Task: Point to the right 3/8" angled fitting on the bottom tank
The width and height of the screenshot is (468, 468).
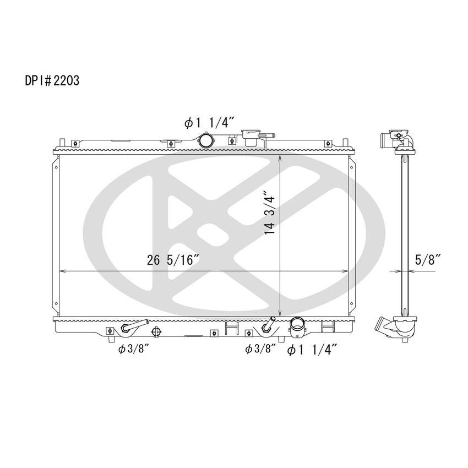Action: point(269,325)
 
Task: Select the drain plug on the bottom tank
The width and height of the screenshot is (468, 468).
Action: point(156,332)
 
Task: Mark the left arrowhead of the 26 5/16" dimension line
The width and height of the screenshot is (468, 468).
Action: point(61,271)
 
